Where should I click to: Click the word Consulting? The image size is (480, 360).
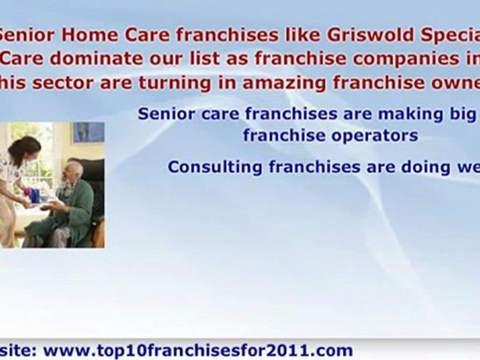(x=214, y=166)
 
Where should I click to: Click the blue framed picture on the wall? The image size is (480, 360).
(x=88, y=132)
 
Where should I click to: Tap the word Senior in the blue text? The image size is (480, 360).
(x=164, y=114)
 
